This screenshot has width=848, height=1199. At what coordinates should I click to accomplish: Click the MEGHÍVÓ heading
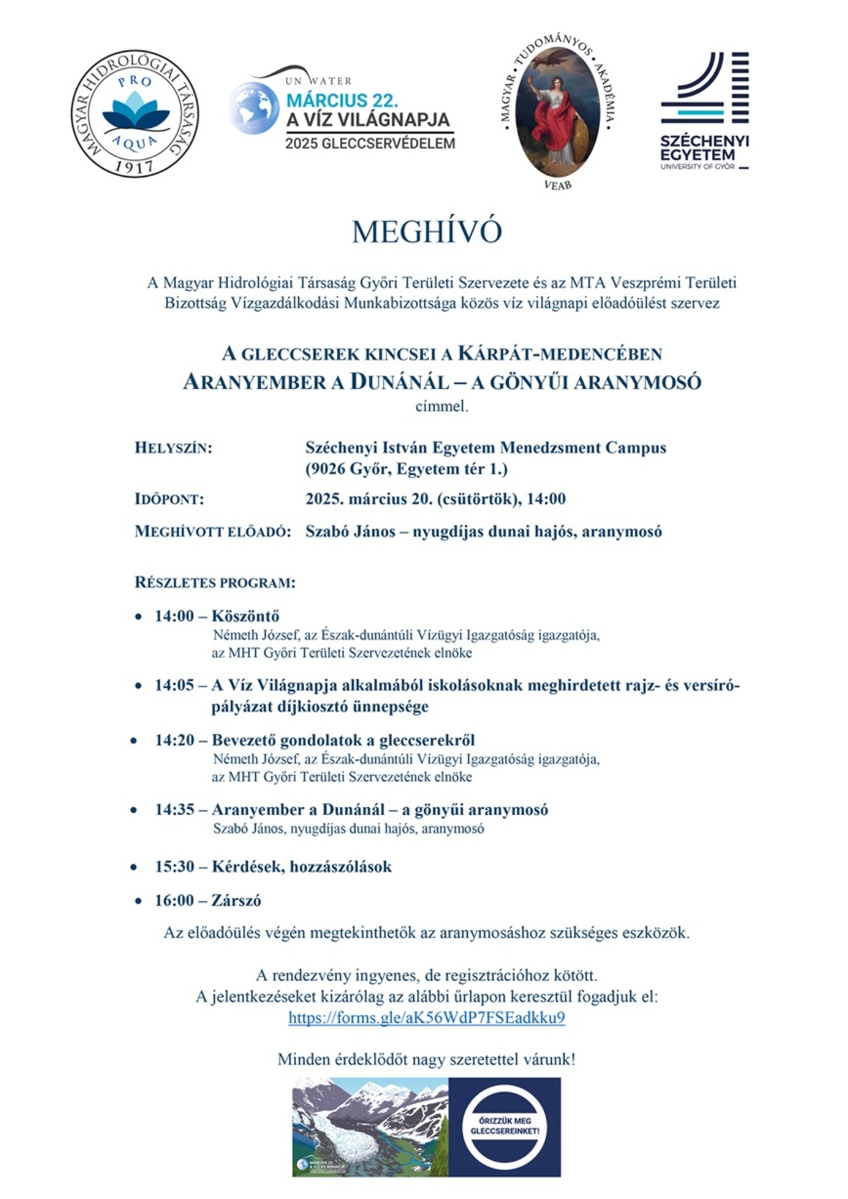click(x=426, y=232)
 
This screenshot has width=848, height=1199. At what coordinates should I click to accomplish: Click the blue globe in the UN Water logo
click(x=252, y=108)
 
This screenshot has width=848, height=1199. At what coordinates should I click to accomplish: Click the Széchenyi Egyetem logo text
click(x=704, y=147)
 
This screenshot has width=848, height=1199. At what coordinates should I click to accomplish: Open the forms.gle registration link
click(x=426, y=1017)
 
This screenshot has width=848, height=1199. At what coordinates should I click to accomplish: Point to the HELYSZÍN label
click(x=173, y=448)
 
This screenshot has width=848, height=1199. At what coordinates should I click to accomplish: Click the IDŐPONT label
click(x=169, y=499)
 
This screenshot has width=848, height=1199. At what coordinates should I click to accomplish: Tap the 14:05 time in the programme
click(x=175, y=685)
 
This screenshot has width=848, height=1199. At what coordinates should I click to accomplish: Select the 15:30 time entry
click(x=175, y=866)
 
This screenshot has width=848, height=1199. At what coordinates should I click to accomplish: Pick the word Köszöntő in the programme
click(x=245, y=616)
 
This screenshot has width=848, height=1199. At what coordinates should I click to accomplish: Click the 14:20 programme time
click(x=175, y=740)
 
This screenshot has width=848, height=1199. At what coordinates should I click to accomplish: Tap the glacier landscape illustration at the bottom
click(x=370, y=1126)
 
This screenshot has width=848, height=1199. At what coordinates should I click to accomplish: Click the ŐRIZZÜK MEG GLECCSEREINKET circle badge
click(x=504, y=1126)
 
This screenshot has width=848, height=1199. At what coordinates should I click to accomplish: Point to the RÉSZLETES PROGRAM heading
click(x=215, y=582)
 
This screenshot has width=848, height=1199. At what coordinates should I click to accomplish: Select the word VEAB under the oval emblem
click(x=558, y=185)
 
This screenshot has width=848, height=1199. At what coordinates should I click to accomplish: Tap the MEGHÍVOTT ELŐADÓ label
click(x=213, y=532)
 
